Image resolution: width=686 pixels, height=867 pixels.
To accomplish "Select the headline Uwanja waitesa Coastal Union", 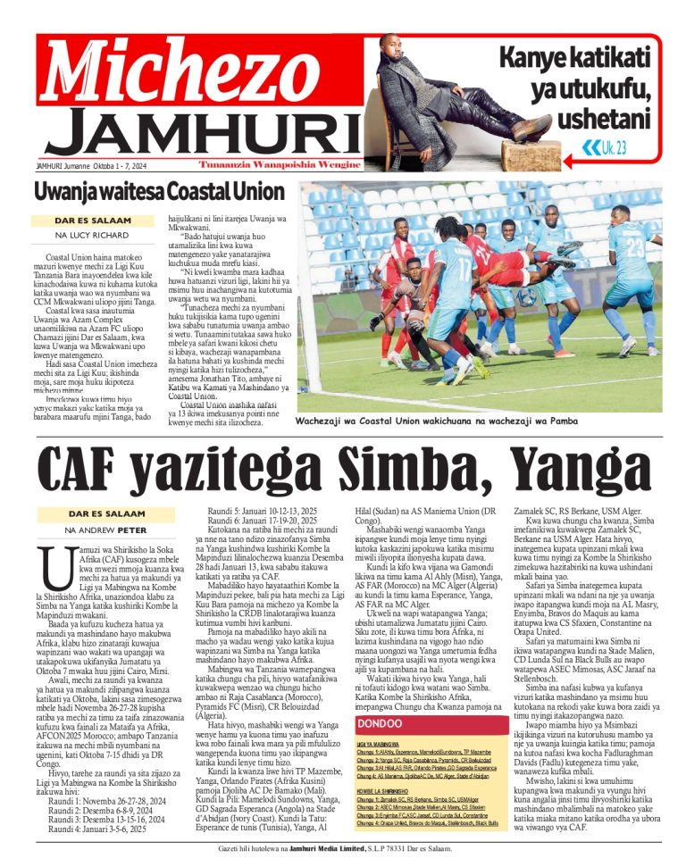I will [x=159, y=192].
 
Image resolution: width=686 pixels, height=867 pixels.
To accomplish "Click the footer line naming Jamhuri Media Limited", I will [x=343, y=848].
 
